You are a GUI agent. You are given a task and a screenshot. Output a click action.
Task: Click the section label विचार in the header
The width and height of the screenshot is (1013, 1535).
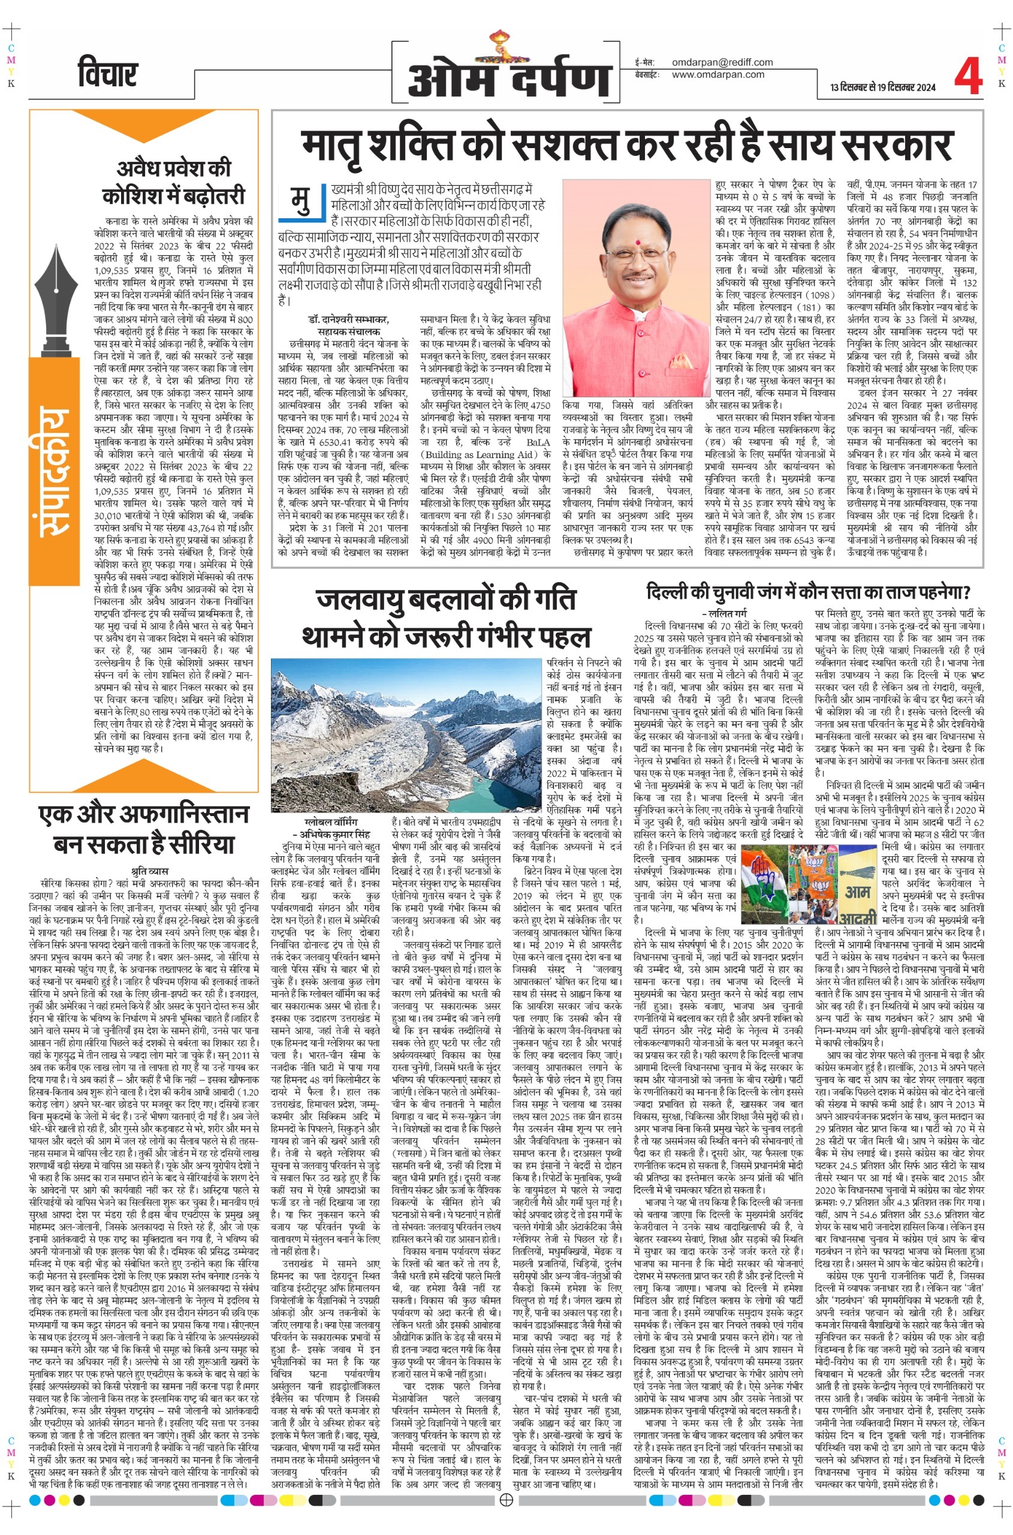(107, 73)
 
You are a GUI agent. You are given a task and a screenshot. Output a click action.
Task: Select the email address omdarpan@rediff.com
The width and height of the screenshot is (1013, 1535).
(722, 62)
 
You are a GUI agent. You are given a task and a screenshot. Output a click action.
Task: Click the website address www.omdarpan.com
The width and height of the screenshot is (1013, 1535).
(717, 74)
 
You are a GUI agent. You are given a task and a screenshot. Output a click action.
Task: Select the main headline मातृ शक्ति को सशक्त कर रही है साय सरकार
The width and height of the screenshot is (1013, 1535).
(626, 146)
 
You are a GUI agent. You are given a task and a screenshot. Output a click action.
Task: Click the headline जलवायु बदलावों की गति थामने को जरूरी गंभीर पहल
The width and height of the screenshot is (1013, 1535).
(446, 617)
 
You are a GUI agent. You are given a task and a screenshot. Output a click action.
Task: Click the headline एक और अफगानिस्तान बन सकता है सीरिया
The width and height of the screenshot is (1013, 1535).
(143, 828)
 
